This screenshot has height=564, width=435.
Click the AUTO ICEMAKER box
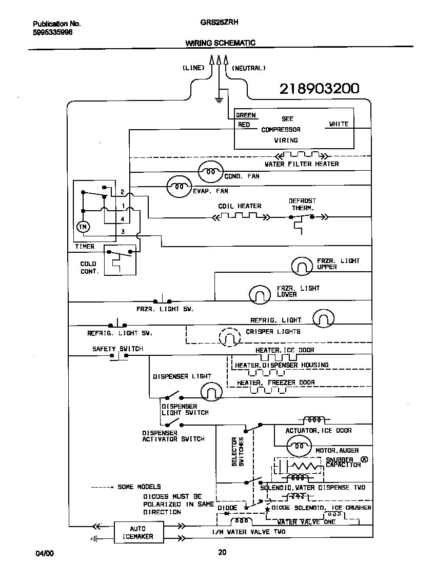[137, 532]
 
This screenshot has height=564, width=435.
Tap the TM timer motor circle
[82, 226]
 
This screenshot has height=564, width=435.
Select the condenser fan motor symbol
[210, 172]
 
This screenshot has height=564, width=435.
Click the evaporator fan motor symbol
[179, 187]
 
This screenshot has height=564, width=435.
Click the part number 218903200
[319, 89]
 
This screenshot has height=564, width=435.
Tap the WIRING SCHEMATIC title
[220, 43]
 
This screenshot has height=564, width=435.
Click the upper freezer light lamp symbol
[302, 266]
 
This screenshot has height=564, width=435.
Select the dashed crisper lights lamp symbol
[229, 337]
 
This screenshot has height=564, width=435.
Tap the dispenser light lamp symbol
[210, 392]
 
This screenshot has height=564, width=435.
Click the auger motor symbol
[297, 447]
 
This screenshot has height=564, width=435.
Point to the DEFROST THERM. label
[302, 205]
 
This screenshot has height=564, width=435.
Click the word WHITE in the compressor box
[339, 124]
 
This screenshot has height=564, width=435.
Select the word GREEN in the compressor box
[246, 115]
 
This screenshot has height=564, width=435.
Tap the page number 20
[222, 552]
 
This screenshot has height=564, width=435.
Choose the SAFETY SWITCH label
[117, 349]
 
